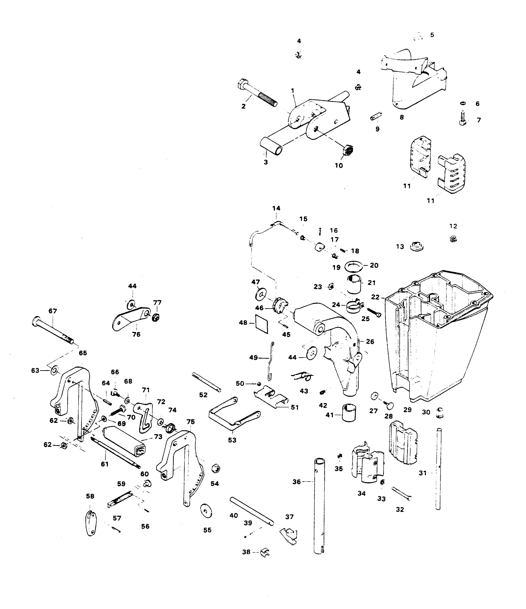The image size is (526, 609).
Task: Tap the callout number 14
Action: click(276, 208)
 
